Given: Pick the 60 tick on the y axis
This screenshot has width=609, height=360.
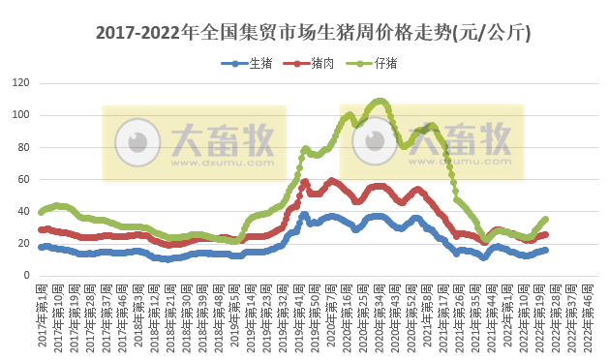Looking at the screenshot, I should [x=22, y=179].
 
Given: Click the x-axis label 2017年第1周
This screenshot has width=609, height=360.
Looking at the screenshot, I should [x=43, y=315].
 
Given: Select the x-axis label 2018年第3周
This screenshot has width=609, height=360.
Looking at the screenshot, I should [x=138, y=315].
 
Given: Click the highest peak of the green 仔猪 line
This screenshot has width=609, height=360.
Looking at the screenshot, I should [x=380, y=100].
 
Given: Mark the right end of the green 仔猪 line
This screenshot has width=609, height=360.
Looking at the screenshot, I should [x=546, y=219].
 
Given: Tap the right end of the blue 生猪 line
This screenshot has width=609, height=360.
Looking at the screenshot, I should [x=546, y=250].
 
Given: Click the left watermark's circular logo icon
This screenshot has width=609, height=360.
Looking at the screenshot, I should [x=137, y=143].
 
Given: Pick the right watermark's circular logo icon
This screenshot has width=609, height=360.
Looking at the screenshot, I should [x=375, y=143].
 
